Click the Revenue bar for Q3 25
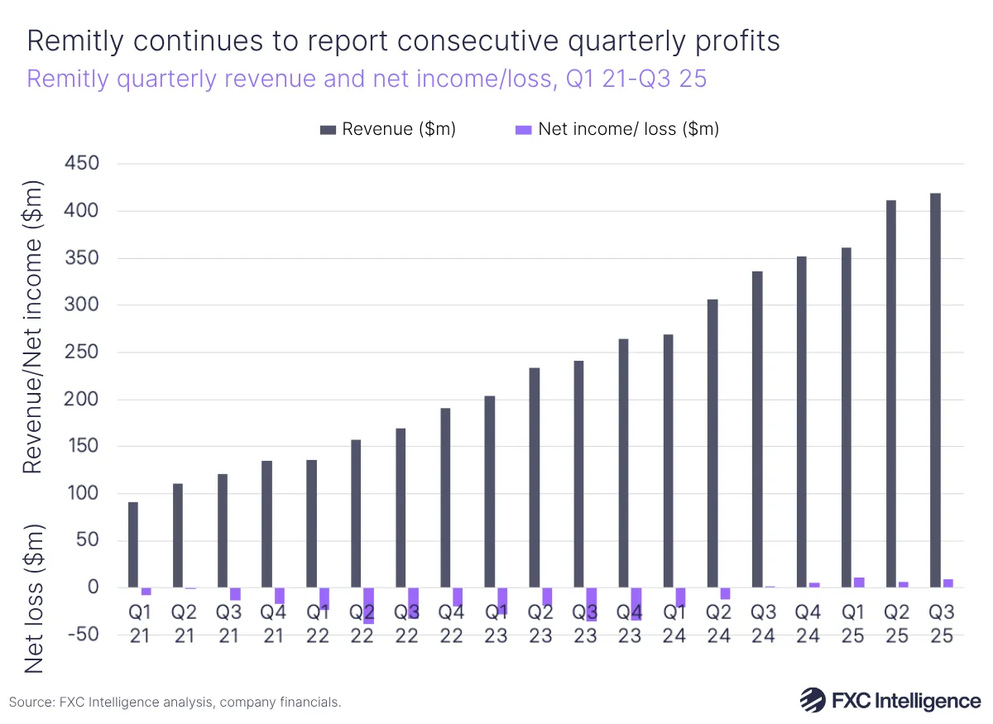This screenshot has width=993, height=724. click(x=935, y=390)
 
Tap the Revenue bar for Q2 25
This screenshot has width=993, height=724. click(x=891, y=393)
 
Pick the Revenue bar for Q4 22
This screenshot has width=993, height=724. click(x=445, y=497)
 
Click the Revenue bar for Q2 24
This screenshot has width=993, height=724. click(x=712, y=443)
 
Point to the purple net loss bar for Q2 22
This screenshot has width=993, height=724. click(x=369, y=605)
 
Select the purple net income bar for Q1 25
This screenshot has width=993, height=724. click(x=859, y=583)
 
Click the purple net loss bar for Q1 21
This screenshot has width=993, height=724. click(x=146, y=591)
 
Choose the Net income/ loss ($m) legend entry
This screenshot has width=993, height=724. click(x=616, y=129)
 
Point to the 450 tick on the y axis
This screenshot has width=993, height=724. click(x=82, y=164)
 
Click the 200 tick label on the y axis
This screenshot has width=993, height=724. click(x=82, y=400)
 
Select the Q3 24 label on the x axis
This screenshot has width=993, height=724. click(x=764, y=625)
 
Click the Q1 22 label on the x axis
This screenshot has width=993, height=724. click(x=318, y=625)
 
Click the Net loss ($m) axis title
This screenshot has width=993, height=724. click(x=31, y=598)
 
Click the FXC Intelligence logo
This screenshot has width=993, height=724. click(x=890, y=700)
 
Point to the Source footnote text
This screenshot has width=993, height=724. click(x=175, y=702)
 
